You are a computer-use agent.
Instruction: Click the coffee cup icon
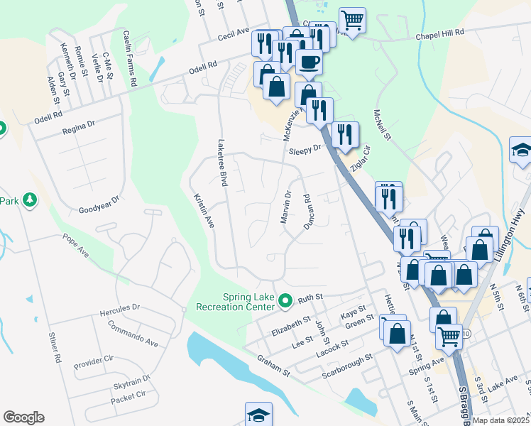308,62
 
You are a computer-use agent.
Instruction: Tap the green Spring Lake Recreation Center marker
286,300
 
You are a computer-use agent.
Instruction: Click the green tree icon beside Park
30,201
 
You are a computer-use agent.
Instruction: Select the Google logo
23,417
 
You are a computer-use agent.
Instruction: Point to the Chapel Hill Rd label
439,33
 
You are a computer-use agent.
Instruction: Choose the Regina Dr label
78,126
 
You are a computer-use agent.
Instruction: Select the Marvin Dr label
287,207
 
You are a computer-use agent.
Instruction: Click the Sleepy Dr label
304,150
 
